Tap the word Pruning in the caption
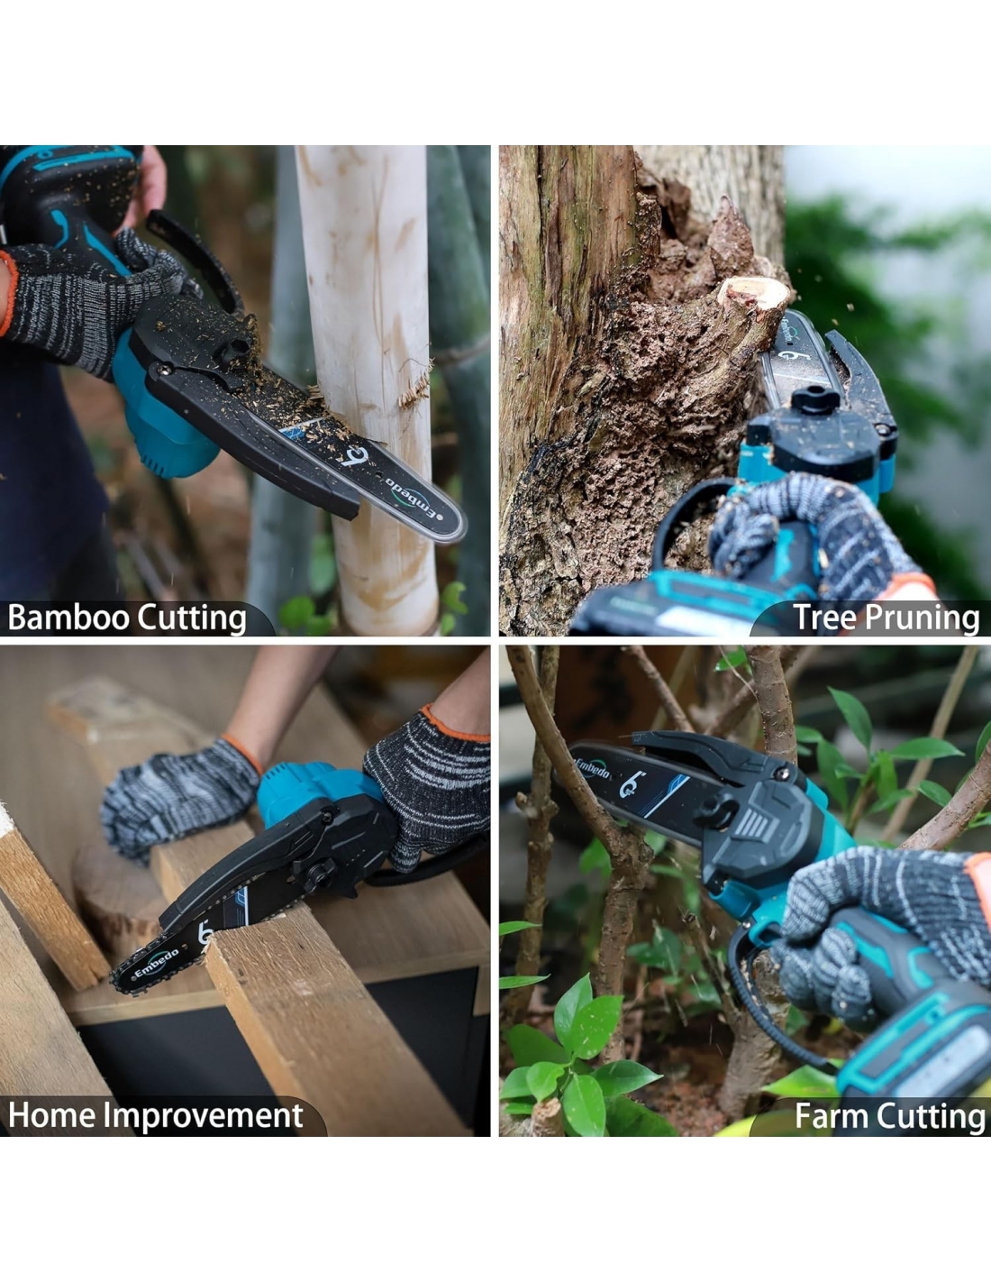coord(922,619)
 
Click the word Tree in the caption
coord(824,618)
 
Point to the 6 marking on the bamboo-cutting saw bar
coord(355,455)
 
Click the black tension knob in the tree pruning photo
coord(815,399)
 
